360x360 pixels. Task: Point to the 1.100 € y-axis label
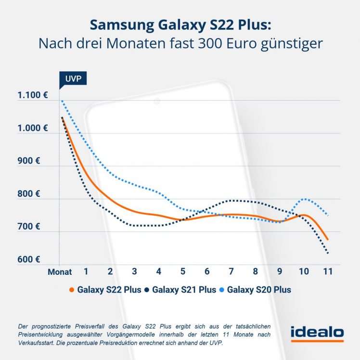tap(33, 95)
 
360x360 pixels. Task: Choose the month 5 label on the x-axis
tap(182, 271)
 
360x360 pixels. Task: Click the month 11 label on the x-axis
tap(327, 271)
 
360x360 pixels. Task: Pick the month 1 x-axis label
tap(86, 271)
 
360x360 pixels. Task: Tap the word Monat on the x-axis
tap(60, 272)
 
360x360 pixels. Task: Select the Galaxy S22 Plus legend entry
tap(105, 290)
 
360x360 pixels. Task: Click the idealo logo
tap(317, 333)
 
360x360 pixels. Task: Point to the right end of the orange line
tap(328, 239)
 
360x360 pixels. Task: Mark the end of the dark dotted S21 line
tap(328, 253)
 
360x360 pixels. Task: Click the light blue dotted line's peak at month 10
tap(304, 198)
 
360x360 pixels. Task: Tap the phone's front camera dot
tap(157, 101)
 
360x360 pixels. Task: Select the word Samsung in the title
tap(120, 25)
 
